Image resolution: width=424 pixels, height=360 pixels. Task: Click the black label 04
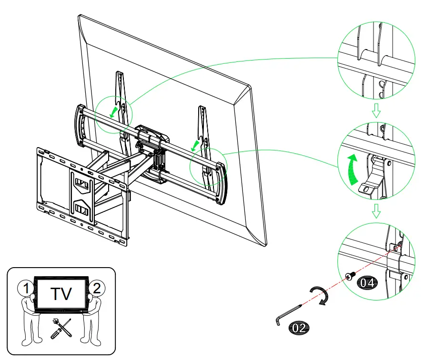point(367,282)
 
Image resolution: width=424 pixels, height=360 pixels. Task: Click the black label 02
point(298,328)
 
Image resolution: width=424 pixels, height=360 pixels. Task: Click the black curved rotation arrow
point(318,296)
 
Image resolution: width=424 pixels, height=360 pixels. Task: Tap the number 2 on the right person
point(97,288)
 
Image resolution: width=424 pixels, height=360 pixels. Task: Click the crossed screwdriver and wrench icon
point(61,328)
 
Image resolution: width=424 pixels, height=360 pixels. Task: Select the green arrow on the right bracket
point(195,144)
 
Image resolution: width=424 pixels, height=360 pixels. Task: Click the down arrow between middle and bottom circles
point(376,210)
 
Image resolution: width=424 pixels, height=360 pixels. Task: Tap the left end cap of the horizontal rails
point(79,125)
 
